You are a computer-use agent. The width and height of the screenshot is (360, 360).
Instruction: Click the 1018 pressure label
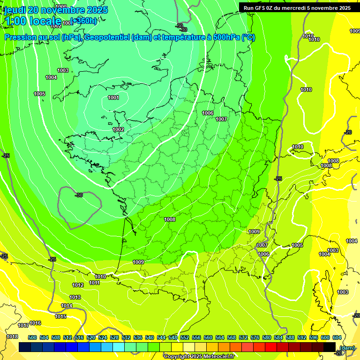pyautogui.click(x=12, y=337)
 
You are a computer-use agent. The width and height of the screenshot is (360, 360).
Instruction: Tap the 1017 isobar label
pyautogui.click(x=23, y=325)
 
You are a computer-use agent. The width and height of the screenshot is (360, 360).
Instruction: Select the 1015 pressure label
pyautogui.click(x=60, y=316)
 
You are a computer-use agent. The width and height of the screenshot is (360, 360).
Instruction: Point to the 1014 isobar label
pyautogui.click(x=67, y=306)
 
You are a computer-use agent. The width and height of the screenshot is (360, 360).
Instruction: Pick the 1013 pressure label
pyautogui.click(x=75, y=297)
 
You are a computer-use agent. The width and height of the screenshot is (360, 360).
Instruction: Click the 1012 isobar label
pyautogui.click(x=78, y=285)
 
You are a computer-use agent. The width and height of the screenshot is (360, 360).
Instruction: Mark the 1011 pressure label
pyautogui.click(x=95, y=283)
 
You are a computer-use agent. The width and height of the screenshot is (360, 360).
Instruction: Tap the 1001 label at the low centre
pyautogui.click(x=113, y=97)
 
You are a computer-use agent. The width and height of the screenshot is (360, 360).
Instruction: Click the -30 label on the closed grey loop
pyautogui.click(x=79, y=195)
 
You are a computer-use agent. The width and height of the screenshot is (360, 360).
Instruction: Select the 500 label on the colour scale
pyautogui.click(x=32, y=337)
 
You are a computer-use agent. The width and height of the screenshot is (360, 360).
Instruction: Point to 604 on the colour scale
pyautogui.click(x=337, y=337)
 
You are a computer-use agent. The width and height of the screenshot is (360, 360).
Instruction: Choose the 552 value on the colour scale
pyautogui.click(x=185, y=337)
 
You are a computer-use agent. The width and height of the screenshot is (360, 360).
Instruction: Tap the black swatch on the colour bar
pyautogui.click(x=330, y=347)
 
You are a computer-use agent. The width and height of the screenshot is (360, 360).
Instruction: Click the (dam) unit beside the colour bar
pyautogui.click(x=347, y=347)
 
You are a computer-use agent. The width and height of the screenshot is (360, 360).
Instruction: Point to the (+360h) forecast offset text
pyautogui.click(x=83, y=21)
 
